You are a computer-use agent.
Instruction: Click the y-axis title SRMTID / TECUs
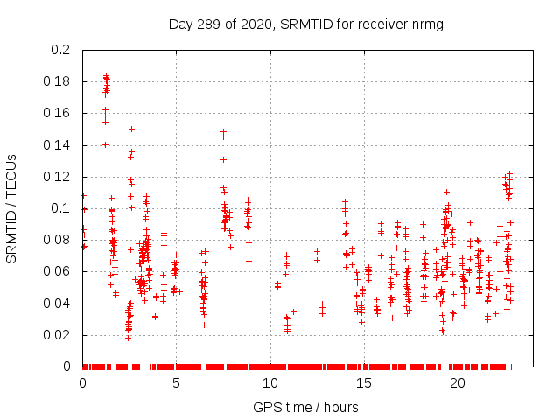[11, 207]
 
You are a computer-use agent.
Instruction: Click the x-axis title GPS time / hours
[305, 407]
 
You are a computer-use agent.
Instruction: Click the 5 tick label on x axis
[176, 383]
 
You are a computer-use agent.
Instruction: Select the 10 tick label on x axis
[269, 383]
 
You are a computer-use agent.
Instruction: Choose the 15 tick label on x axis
[363, 383]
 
